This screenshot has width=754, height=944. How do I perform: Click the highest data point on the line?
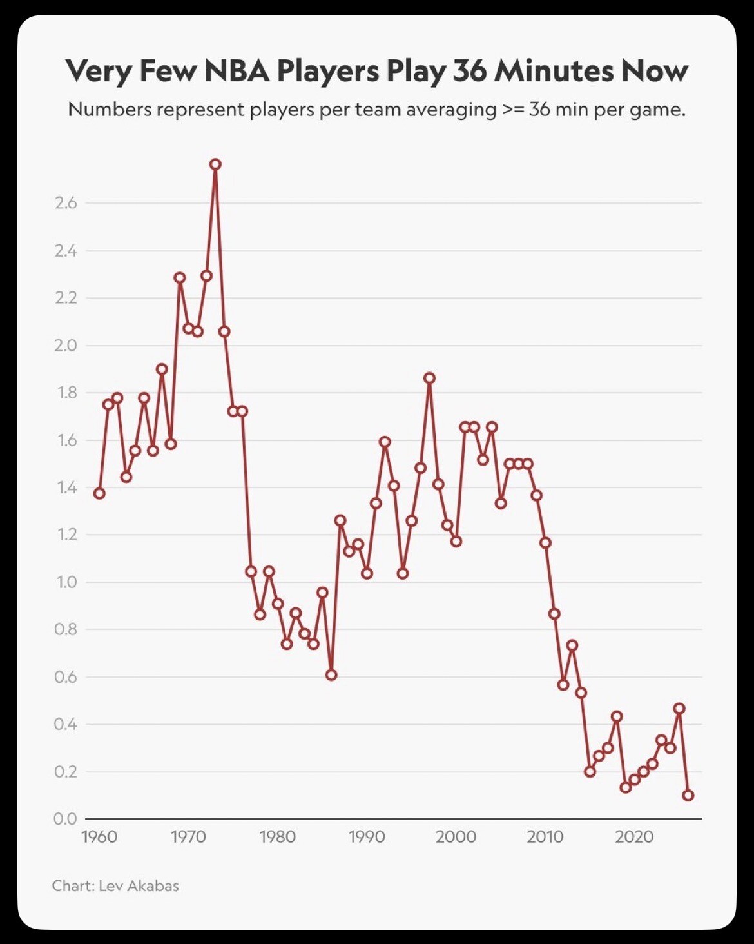pos(215,164)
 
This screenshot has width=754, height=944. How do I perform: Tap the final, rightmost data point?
pos(688,795)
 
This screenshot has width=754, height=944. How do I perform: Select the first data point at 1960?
pos(99,493)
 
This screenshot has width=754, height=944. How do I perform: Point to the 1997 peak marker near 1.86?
pos(429,378)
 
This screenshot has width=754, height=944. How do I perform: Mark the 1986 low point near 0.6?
pos(331,674)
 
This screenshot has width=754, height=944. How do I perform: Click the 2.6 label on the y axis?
pos(66,204)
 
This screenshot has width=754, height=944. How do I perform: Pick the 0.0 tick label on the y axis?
pos(66,819)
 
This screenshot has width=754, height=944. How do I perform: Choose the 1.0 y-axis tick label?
pos(66,582)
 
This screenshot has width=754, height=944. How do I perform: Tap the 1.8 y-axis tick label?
pos(66,393)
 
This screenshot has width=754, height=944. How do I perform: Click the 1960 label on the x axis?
pos(99,837)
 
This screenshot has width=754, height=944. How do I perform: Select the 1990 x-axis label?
pos(367,837)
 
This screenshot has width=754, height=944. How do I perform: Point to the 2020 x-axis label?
pos(634,837)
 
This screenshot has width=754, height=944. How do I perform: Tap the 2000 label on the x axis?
pos(456,837)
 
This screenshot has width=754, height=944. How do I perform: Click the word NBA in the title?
pos(237,71)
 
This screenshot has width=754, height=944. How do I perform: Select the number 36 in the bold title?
pos(469,71)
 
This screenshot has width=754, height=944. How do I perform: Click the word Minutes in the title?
pos(552,71)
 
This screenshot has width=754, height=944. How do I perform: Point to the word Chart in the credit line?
pos(72,886)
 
